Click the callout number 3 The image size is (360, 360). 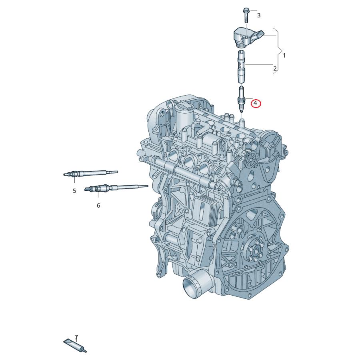click(x=259, y=15)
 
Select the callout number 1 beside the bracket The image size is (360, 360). click(x=284, y=55)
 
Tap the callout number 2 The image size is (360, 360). click(x=275, y=69)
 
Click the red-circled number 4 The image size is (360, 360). click(x=256, y=104)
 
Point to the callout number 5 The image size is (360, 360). click(x=74, y=191)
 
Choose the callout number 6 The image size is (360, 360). click(x=98, y=205)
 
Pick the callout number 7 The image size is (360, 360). click(x=76, y=337)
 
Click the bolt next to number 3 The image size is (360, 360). click(x=246, y=15)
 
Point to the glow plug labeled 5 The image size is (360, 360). click(x=90, y=173)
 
